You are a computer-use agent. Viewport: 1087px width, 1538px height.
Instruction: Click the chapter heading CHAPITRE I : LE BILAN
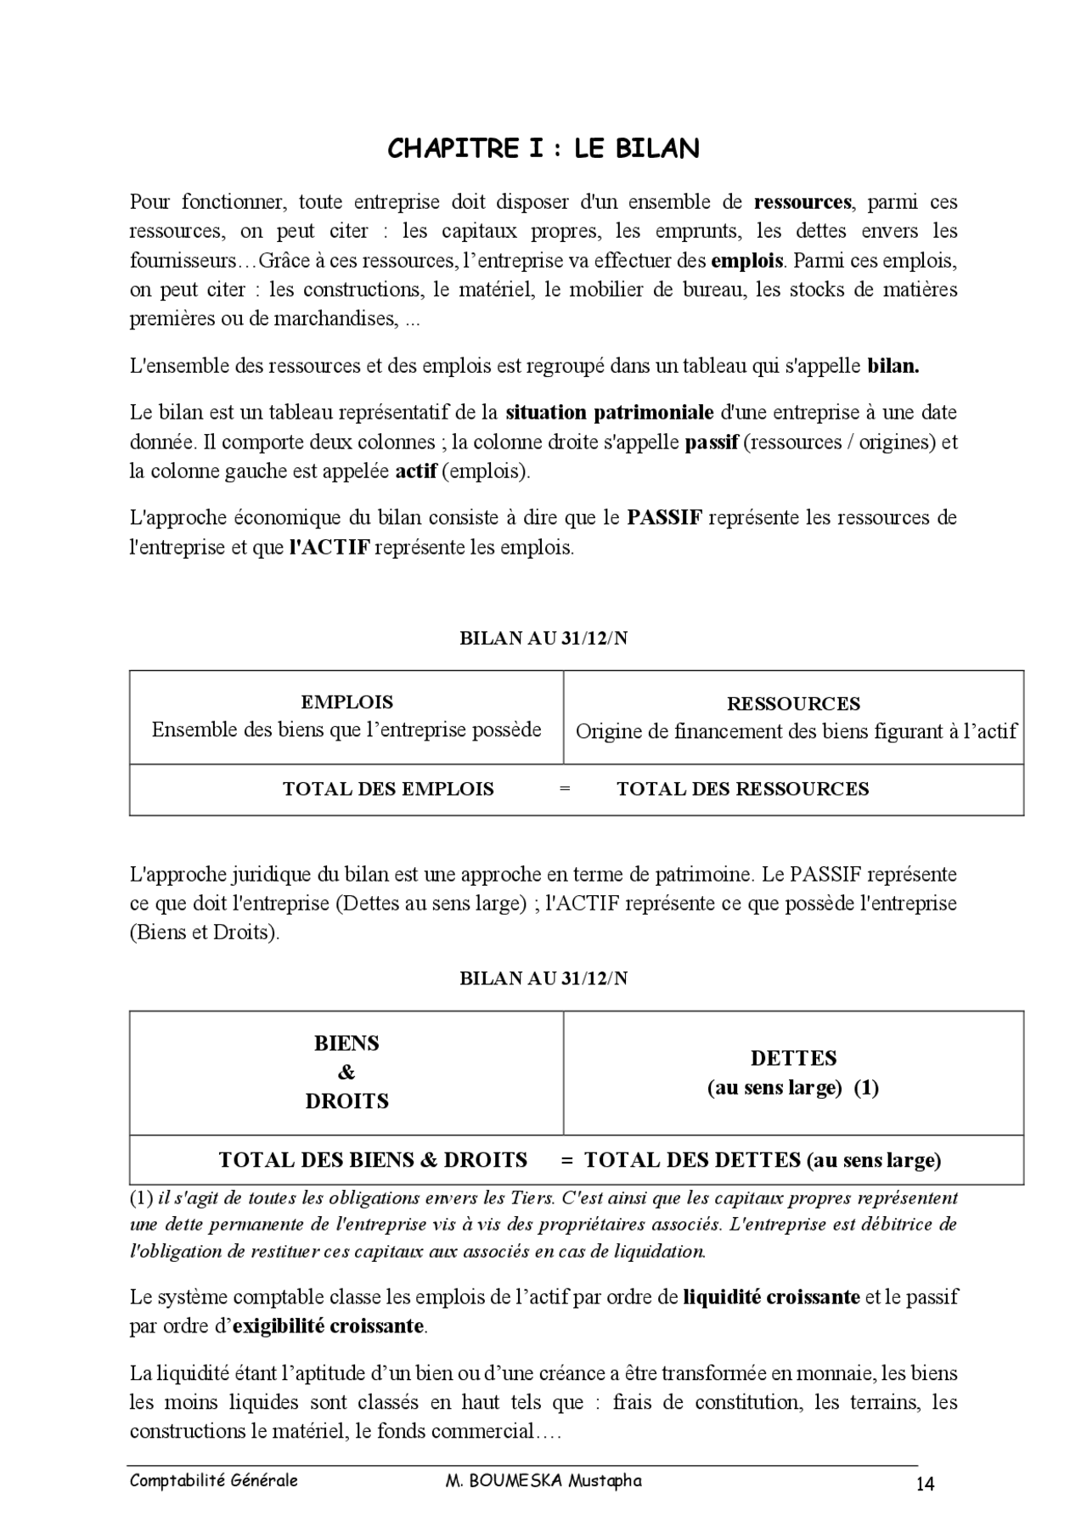click(543, 149)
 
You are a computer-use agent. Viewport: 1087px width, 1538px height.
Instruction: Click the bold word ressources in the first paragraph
click(802, 202)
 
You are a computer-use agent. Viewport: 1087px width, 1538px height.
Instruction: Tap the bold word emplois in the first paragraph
click(746, 260)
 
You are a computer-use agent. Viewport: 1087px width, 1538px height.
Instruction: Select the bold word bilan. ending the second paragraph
click(893, 367)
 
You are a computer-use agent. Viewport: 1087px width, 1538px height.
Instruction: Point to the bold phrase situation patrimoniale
click(609, 413)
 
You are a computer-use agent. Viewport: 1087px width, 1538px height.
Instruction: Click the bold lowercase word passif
click(711, 442)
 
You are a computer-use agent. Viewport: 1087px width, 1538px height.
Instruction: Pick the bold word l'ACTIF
click(329, 548)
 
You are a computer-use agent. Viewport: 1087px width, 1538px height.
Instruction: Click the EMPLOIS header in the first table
click(346, 702)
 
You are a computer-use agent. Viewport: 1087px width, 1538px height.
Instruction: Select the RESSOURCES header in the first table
click(793, 704)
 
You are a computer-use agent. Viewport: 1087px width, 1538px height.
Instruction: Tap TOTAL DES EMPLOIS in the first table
click(388, 789)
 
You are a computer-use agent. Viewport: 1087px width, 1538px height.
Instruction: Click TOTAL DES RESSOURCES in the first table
click(742, 789)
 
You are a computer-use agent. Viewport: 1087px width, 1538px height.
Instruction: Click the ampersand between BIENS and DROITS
click(346, 1073)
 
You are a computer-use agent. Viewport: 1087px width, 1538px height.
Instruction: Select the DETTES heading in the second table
click(793, 1058)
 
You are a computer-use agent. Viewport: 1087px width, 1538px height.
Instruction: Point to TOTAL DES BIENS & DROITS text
click(373, 1160)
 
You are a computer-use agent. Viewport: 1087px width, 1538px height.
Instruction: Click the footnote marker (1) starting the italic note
click(141, 1198)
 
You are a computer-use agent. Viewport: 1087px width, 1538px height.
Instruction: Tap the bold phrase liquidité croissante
click(770, 1298)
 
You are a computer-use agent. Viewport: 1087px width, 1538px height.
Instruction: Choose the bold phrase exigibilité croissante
click(328, 1327)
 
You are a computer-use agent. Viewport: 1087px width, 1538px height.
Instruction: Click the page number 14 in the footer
click(925, 1484)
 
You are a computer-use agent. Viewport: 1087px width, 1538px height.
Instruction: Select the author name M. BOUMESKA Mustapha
click(543, 1481)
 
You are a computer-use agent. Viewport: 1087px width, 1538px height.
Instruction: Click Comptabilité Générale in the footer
click(214, 1481)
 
